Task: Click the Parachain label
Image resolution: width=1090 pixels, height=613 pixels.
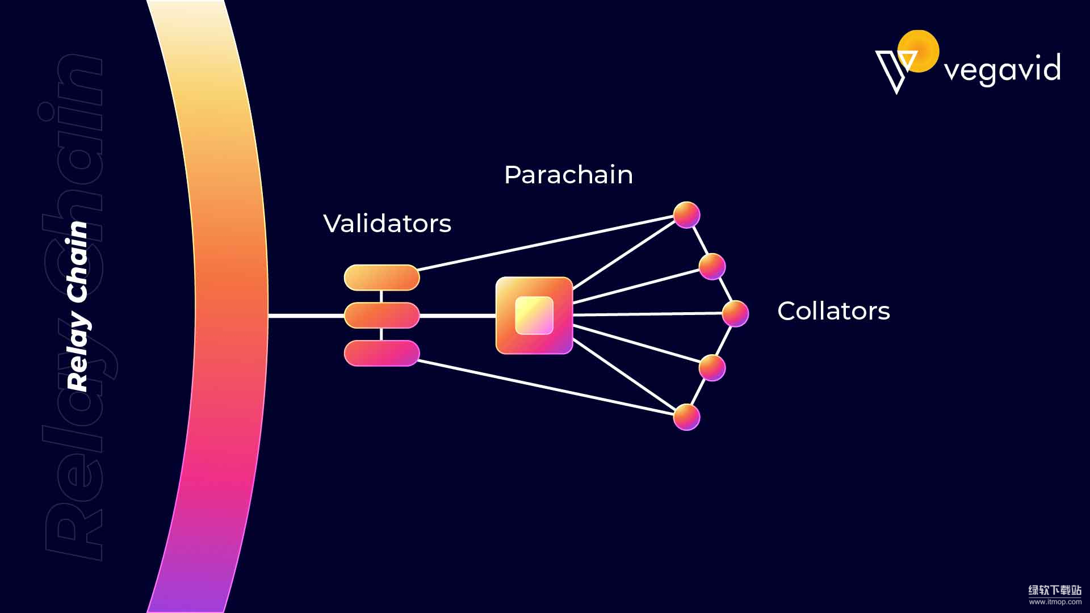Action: coord(568,175)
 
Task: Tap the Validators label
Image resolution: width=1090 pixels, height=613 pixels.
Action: coord(387,224)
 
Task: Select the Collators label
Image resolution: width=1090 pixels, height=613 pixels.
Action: coord(833,311)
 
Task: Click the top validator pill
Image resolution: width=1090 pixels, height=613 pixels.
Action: coord(381,278)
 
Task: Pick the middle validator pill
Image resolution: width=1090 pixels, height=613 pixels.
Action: coord(381,316)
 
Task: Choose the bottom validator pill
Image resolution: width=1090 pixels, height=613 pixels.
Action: coord(381,353)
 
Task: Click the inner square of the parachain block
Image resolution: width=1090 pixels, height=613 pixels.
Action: coord(534,316)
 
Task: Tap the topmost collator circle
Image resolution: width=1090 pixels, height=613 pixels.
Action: coord(686,215)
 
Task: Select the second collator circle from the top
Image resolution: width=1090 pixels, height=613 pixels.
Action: coord(712,266)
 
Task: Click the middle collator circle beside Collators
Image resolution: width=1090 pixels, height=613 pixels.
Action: coord(735,313)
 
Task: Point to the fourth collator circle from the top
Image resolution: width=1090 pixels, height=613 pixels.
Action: coord(712,368)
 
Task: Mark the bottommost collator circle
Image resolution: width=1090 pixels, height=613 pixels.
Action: coord(686,417)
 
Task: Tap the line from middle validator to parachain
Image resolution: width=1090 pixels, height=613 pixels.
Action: coord(458,316)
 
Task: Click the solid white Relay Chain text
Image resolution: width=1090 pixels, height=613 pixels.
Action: coord(78,306)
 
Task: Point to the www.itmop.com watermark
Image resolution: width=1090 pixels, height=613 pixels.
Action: coord(1055,602)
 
